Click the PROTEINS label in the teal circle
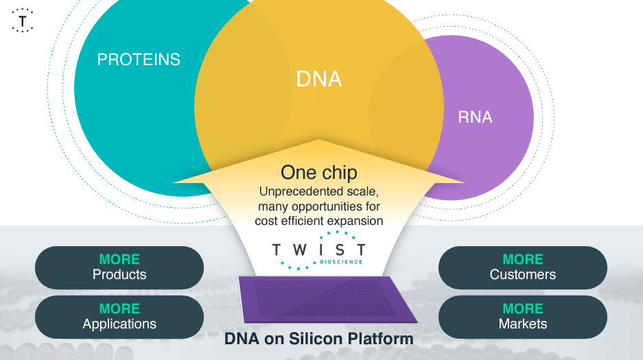click(139, 60)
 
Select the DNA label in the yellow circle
click(319, 79)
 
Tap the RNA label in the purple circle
click(475, 117)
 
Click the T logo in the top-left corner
click(23, 21)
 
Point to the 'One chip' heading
click(318, 172)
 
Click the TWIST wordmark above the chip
click(318, 250)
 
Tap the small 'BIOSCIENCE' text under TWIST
click(341, 262)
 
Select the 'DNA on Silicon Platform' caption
click(319, 339)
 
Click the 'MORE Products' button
click(119, 267)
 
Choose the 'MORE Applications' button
click(119, 317)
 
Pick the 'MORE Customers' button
click(523, 267)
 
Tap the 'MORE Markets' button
click(523, 317)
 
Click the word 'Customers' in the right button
click(523, 275)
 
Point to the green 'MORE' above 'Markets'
click(523, 309)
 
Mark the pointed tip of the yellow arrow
click(318, 141)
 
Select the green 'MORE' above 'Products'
click(119, 259)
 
